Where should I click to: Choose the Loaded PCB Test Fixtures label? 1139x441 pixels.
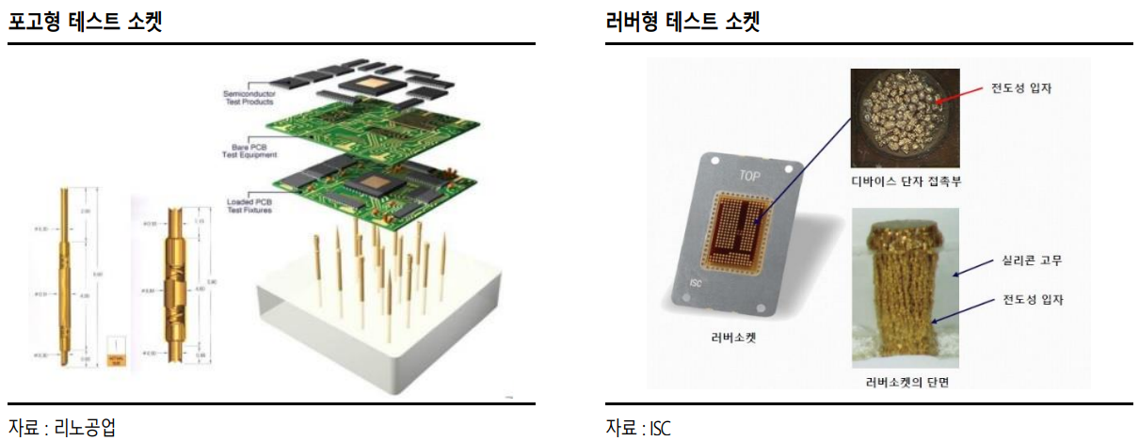[250, 206]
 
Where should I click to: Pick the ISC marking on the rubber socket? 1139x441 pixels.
[698, 279]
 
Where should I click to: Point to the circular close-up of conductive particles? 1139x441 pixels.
[905, 118]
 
